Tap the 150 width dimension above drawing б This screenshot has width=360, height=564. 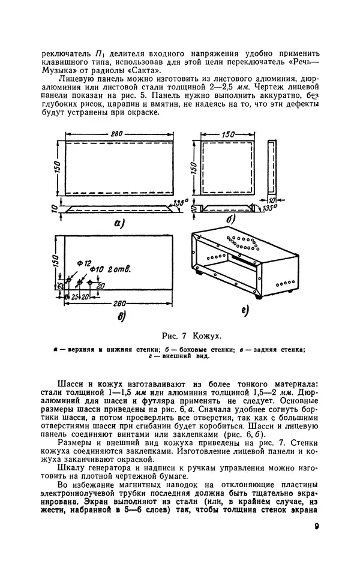tap(227, 136)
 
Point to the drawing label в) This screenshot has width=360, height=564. tap(122, 317)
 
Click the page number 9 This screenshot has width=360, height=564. tap(316, 527)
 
